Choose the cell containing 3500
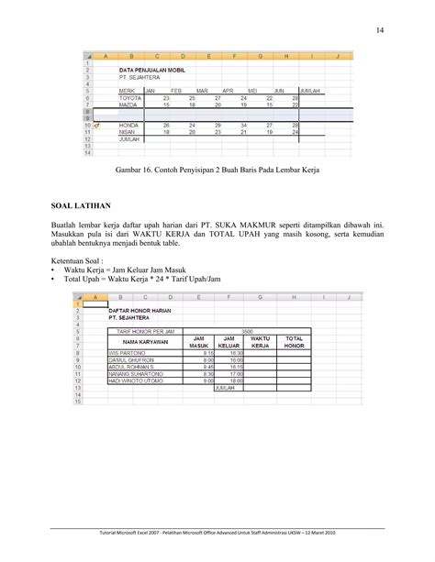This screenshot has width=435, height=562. pyautogui.click(x=247, y=329)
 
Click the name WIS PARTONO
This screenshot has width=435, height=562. pyautogui.click(x=128, y=352)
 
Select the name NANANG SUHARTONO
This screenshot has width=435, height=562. pyautogui.click(x=137, y=373)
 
